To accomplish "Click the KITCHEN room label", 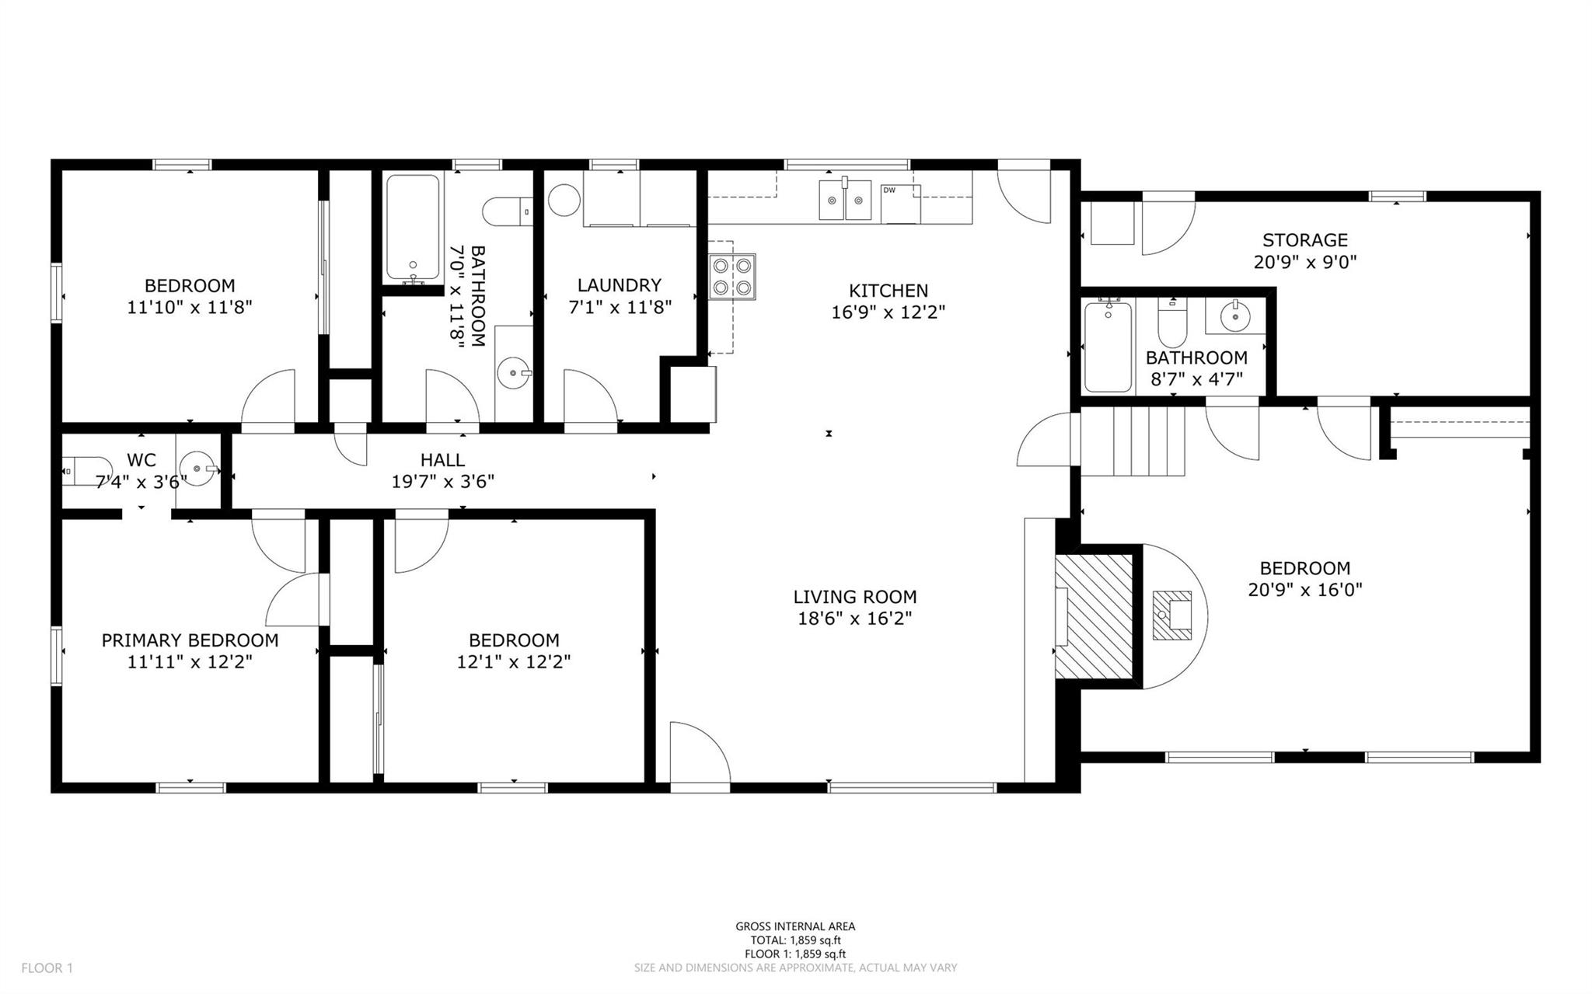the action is [x=888, y=291].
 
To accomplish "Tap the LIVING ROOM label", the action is [x=854, y=597].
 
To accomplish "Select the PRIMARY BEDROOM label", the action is [x=190, y=640].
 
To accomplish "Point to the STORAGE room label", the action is [x=1304, y=240].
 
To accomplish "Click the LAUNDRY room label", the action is [x=620, y=285].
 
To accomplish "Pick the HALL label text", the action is [x=442, y=460].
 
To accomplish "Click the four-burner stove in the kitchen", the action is [x=732, y=277].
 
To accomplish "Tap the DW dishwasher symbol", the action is [x=900, y=204].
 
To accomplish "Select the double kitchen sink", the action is [x=845, y=200].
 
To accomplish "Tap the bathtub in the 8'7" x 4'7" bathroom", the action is [x=1108, y=346].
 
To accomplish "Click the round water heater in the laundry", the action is [x=564, y=201].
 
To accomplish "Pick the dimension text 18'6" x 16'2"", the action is [x=854, y=619].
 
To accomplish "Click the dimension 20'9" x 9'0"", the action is [x=1305, y=262].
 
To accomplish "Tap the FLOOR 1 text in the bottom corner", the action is [x=47, y=968].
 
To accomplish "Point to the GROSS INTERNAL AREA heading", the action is [x=795, y=926].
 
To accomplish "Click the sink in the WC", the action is [x=197, y=469].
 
